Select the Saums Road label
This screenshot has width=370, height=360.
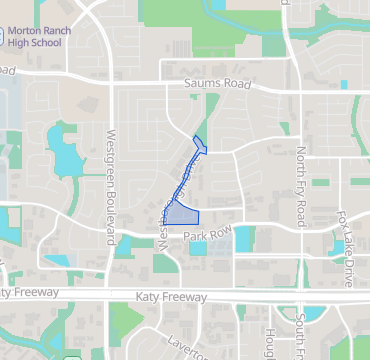pos(217,85)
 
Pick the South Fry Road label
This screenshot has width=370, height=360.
pos(300,335)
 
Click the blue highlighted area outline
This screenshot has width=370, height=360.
pos(182,212)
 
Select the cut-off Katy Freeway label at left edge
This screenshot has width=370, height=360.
pos(19,292)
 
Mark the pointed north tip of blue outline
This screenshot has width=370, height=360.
pos(194,136)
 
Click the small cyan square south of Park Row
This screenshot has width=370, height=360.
pos(198,248)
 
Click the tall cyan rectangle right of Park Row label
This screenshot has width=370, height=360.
pos(241,238)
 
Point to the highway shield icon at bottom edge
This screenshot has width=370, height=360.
pos(71,356)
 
